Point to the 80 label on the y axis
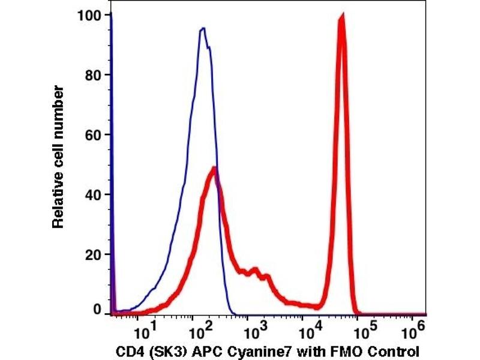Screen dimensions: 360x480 click(94, 74)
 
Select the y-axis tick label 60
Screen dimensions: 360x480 click(94, 134)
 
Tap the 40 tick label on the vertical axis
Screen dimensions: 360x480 click(94, 194)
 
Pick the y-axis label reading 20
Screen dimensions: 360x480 click(94, 254)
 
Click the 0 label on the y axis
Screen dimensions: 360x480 click(98, 310)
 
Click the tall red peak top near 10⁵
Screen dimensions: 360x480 click(341, 15)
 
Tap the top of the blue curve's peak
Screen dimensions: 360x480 click(203, 28)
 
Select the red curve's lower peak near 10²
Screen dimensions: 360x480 click(213, 169)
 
